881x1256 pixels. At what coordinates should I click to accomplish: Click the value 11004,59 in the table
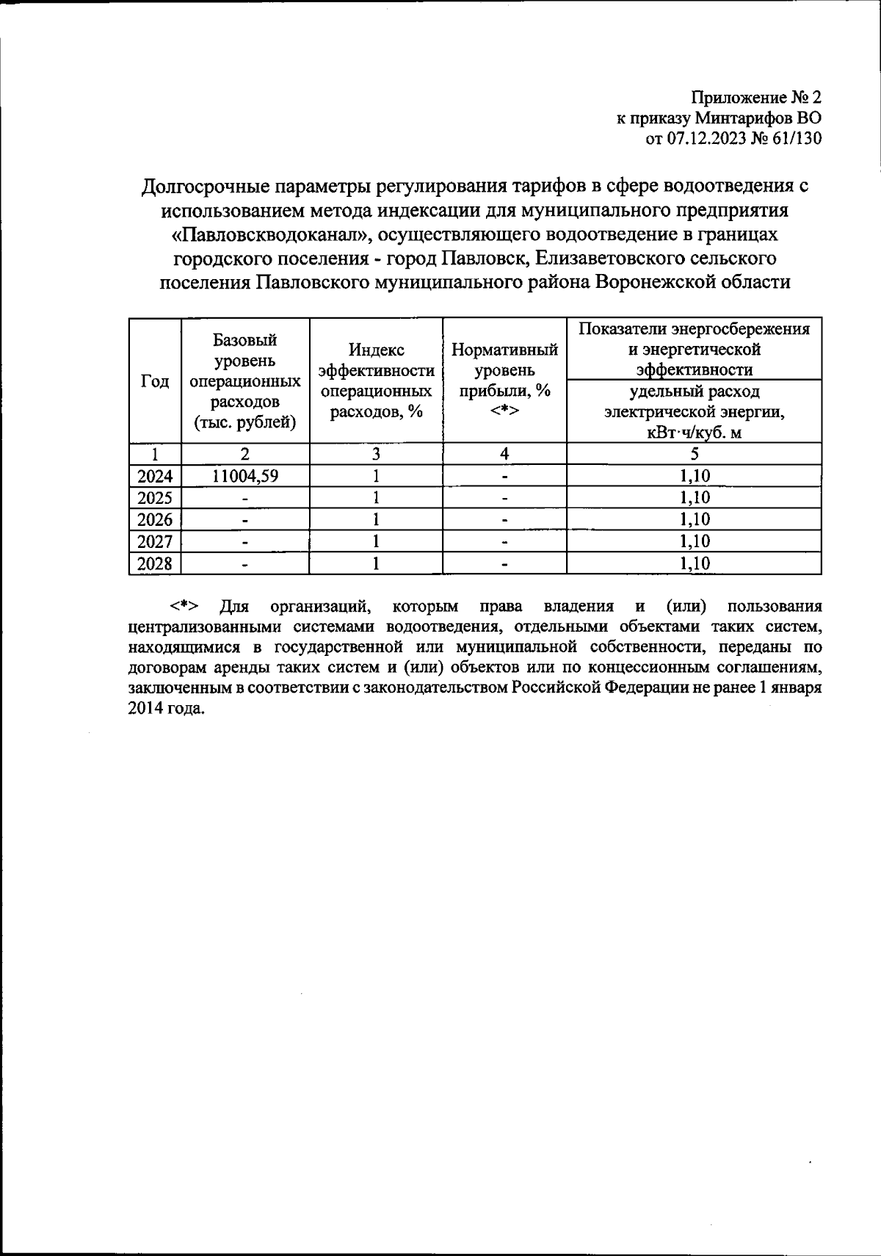coord(245,476)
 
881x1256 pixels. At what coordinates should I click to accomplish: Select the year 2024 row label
coord(155,476)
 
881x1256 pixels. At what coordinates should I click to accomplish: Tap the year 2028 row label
coord(155,564)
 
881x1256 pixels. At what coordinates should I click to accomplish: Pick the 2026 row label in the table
coord(155,520)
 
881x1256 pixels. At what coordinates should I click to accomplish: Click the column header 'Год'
coord(155,381)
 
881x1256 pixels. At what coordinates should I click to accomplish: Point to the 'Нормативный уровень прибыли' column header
coord(504,380)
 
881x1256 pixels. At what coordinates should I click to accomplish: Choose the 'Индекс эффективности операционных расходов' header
coord(376,380)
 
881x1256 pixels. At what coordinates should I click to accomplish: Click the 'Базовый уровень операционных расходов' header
coord(245,380)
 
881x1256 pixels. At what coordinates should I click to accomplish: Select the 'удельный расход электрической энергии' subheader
coord(694,411)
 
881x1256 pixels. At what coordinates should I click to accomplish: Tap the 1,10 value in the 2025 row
coord(695,498)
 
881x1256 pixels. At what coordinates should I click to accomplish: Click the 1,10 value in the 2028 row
coord(695,564)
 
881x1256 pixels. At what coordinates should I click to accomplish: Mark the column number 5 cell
coord(695,454)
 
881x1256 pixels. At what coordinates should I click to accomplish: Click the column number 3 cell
coord(376,454)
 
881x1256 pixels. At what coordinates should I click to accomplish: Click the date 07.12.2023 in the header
coord(706,139)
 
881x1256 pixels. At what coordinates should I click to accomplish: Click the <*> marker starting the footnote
coord(184,607)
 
